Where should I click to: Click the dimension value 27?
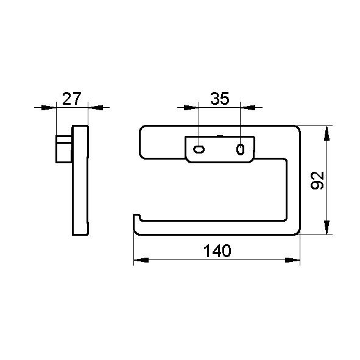[72, 99]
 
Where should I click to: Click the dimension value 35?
[220, 99]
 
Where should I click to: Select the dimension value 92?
[317, 180]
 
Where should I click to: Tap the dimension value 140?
[217, 251]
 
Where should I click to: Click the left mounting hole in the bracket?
[199, 149]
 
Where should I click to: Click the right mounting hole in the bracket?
[240, 149]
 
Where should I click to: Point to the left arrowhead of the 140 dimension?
[141, 260]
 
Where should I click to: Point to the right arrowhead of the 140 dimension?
[292, 260]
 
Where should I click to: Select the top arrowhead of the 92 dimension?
[326, 133]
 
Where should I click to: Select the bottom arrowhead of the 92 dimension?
[326, 227]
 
